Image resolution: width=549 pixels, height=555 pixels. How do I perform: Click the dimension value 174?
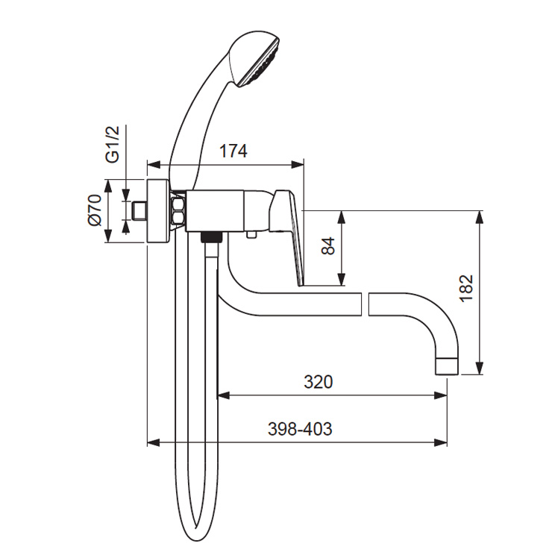click(x=233, y=151)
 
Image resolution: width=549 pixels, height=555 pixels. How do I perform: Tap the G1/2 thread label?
click(x=113, y=144)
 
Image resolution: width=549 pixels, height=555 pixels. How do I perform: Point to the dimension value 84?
click(x=327, y=246)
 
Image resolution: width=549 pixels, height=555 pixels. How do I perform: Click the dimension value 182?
click(x=466, y=288)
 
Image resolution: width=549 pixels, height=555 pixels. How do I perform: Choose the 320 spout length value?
click(x=319, y=382)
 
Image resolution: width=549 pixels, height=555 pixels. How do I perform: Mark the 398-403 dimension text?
click(x=300, y=430)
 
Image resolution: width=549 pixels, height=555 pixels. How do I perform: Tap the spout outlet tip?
click(x=446, y=366)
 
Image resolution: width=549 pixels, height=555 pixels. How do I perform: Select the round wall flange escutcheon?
click(x=158, y=211)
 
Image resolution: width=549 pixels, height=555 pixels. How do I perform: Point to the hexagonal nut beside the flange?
click(x=178, y=211)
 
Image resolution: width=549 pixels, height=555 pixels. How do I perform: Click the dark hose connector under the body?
click(x=211, y=237)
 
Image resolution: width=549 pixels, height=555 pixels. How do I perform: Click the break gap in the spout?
click(x=365, y=304)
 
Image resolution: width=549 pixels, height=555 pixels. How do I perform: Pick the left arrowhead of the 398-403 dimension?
click(x=154, y=442)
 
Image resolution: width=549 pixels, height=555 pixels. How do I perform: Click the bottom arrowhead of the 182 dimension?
click(x=480, y=368)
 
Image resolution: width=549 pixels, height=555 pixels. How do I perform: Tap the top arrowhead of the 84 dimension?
click(x=341, y=217)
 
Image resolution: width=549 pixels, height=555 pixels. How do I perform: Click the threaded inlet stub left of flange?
click(x=139, y=211)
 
